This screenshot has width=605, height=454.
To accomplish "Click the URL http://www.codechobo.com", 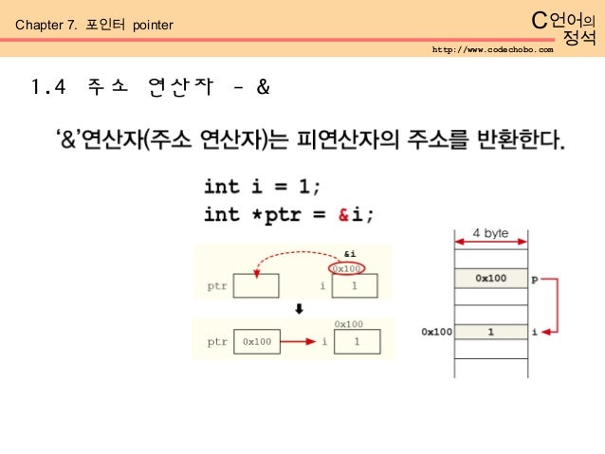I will point(491,48).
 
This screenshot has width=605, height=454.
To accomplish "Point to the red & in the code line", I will point(345,214).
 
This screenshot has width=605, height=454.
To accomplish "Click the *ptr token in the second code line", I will point(289,214).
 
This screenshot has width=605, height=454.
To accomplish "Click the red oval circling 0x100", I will point(349,269).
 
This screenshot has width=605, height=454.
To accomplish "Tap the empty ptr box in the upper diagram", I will point(256,285).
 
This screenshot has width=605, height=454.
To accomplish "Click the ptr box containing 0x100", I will point(256,341).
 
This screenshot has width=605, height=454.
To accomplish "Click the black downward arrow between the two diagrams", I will point(298,309).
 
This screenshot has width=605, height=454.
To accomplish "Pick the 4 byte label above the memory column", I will point(492,232).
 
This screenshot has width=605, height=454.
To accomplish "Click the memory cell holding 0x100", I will point(491,279).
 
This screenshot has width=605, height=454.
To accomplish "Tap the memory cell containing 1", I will point(491,332).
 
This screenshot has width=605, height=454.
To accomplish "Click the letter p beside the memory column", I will point(536,279).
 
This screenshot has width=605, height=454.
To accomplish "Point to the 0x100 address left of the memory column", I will point(436,333).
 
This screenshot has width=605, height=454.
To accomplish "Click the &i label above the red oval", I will point(349,254).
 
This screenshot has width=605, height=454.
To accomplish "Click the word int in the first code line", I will point(222,187).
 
